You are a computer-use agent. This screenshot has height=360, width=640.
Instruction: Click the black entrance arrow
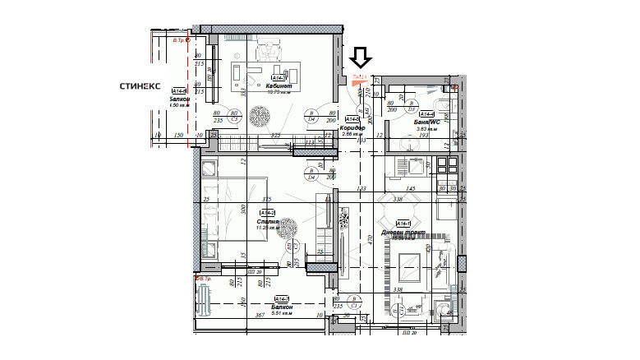tap(361, 57)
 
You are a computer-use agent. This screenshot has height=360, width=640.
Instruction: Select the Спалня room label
tap(269, 221)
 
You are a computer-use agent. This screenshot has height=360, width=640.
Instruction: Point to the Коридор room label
tap(352, 128)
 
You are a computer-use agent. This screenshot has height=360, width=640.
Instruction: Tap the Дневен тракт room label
tap(408, 233)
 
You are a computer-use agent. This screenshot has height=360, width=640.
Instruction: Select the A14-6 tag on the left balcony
tap(178, 91)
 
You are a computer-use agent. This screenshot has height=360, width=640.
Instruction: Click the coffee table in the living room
tap(407, 265)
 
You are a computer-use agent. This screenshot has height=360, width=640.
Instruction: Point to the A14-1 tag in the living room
tap(403, 223)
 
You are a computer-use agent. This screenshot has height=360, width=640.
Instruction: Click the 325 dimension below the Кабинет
tap(277, 135)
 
